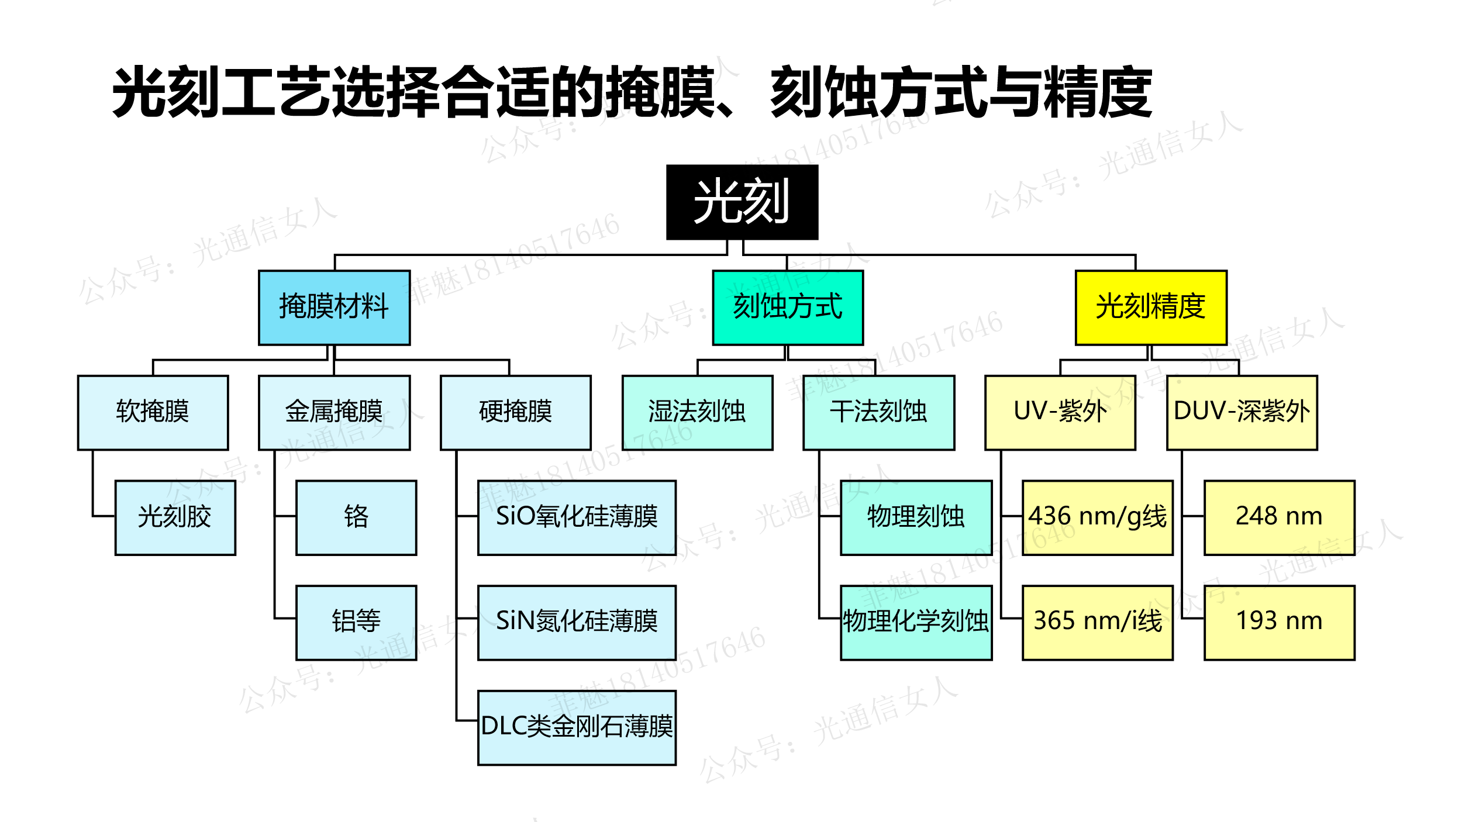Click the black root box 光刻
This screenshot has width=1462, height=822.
742,202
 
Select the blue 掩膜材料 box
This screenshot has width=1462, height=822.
334,307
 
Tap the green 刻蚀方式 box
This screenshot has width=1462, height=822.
787,307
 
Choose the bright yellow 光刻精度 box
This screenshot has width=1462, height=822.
1150,307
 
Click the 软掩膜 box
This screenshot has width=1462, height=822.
153,412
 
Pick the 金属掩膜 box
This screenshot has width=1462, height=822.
334,412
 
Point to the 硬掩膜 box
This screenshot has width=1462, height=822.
515,412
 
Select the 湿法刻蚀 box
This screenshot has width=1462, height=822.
697,412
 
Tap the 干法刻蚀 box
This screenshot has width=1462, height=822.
878,412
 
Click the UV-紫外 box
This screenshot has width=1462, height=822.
1060,412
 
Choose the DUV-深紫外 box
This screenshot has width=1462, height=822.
1242,412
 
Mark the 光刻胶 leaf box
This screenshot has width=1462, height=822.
175,517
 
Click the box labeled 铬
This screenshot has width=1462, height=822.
356,517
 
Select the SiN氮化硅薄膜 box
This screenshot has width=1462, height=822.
577,622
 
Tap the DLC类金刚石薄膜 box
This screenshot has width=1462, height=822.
577,727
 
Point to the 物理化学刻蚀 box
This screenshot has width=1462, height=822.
916,622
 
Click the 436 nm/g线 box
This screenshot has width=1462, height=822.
1097,517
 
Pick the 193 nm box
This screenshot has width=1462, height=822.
1279,622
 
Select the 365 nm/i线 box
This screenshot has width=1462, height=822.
1097,622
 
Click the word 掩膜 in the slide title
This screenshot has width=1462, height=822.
661,92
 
